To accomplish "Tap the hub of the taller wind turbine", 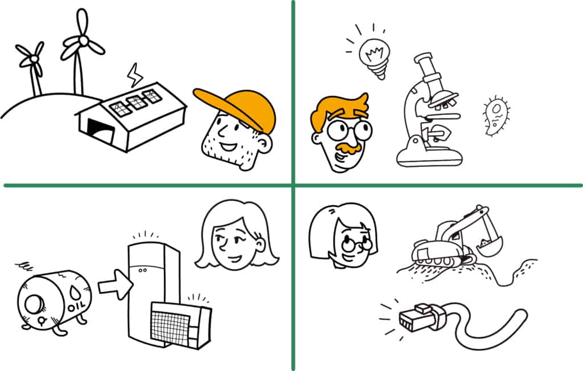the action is pyautogui.click(x=84, y=39).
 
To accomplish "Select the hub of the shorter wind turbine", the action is pyautogui.click(x=34, y=59).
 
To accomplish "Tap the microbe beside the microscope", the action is pyautogui.click(x=496, y=115).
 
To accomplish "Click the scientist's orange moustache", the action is pyautogui.click(x=348, y=148).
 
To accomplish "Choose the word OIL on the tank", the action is pyautogui.click(x=76, y=307).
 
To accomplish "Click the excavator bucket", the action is pyautogui.click(x=488, y=246).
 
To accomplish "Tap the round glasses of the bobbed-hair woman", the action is pyautogui.click(x=358, y=244).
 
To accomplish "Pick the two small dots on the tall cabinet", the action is pyautogui.click(x=142, y=270).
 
